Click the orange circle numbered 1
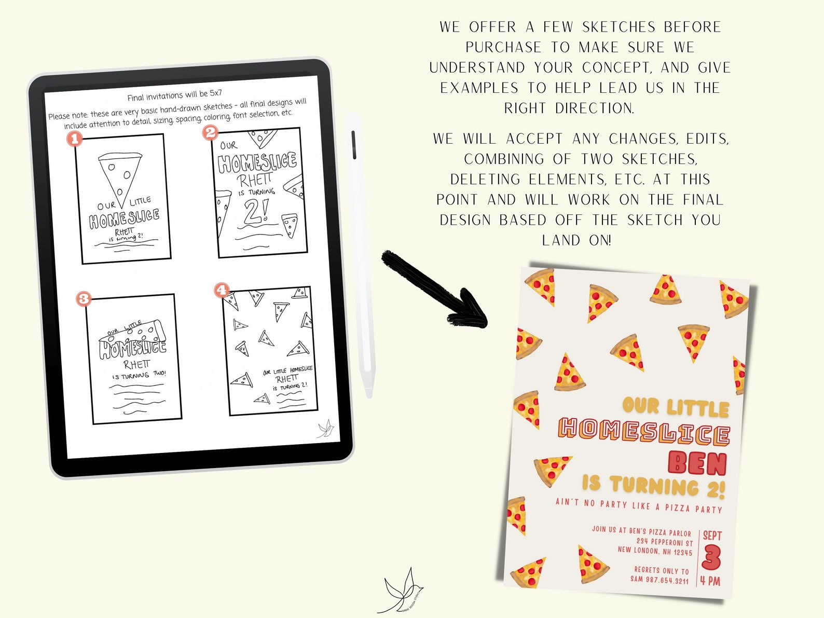coord(75,139)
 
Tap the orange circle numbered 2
coord(210,132)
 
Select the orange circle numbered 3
coord(84,298)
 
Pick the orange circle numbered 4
coord(222,290)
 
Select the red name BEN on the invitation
coord(697,463)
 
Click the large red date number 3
coord(711,558)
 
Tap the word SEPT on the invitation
coord(712,535)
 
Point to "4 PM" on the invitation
coord(710,580)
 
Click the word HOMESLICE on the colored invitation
coord(644,433)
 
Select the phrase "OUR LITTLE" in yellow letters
coord(675,407)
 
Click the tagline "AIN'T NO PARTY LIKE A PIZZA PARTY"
coord(639,505)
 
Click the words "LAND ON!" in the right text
coord(576,240)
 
